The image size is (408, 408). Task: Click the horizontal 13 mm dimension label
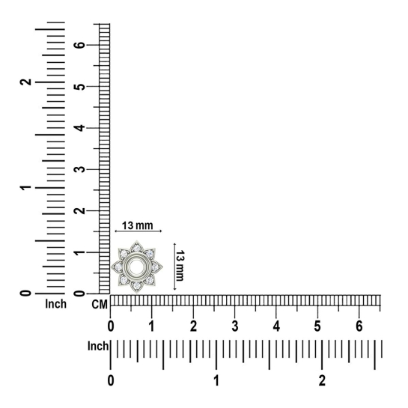click(138, 225)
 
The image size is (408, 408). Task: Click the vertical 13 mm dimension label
click(180, 266)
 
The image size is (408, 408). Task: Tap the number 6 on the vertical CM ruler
click(80, 45)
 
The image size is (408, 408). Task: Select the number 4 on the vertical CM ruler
click(80, 128)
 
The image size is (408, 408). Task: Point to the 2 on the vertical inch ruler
click(25, 82)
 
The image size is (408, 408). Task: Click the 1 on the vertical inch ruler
click(25, 187)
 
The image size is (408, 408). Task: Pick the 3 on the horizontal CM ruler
click(235, 326)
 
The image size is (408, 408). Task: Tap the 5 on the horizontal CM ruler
click(317, 326)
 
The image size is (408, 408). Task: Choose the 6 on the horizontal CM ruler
click(359, 326)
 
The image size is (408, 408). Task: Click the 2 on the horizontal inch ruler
click(322, 381)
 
